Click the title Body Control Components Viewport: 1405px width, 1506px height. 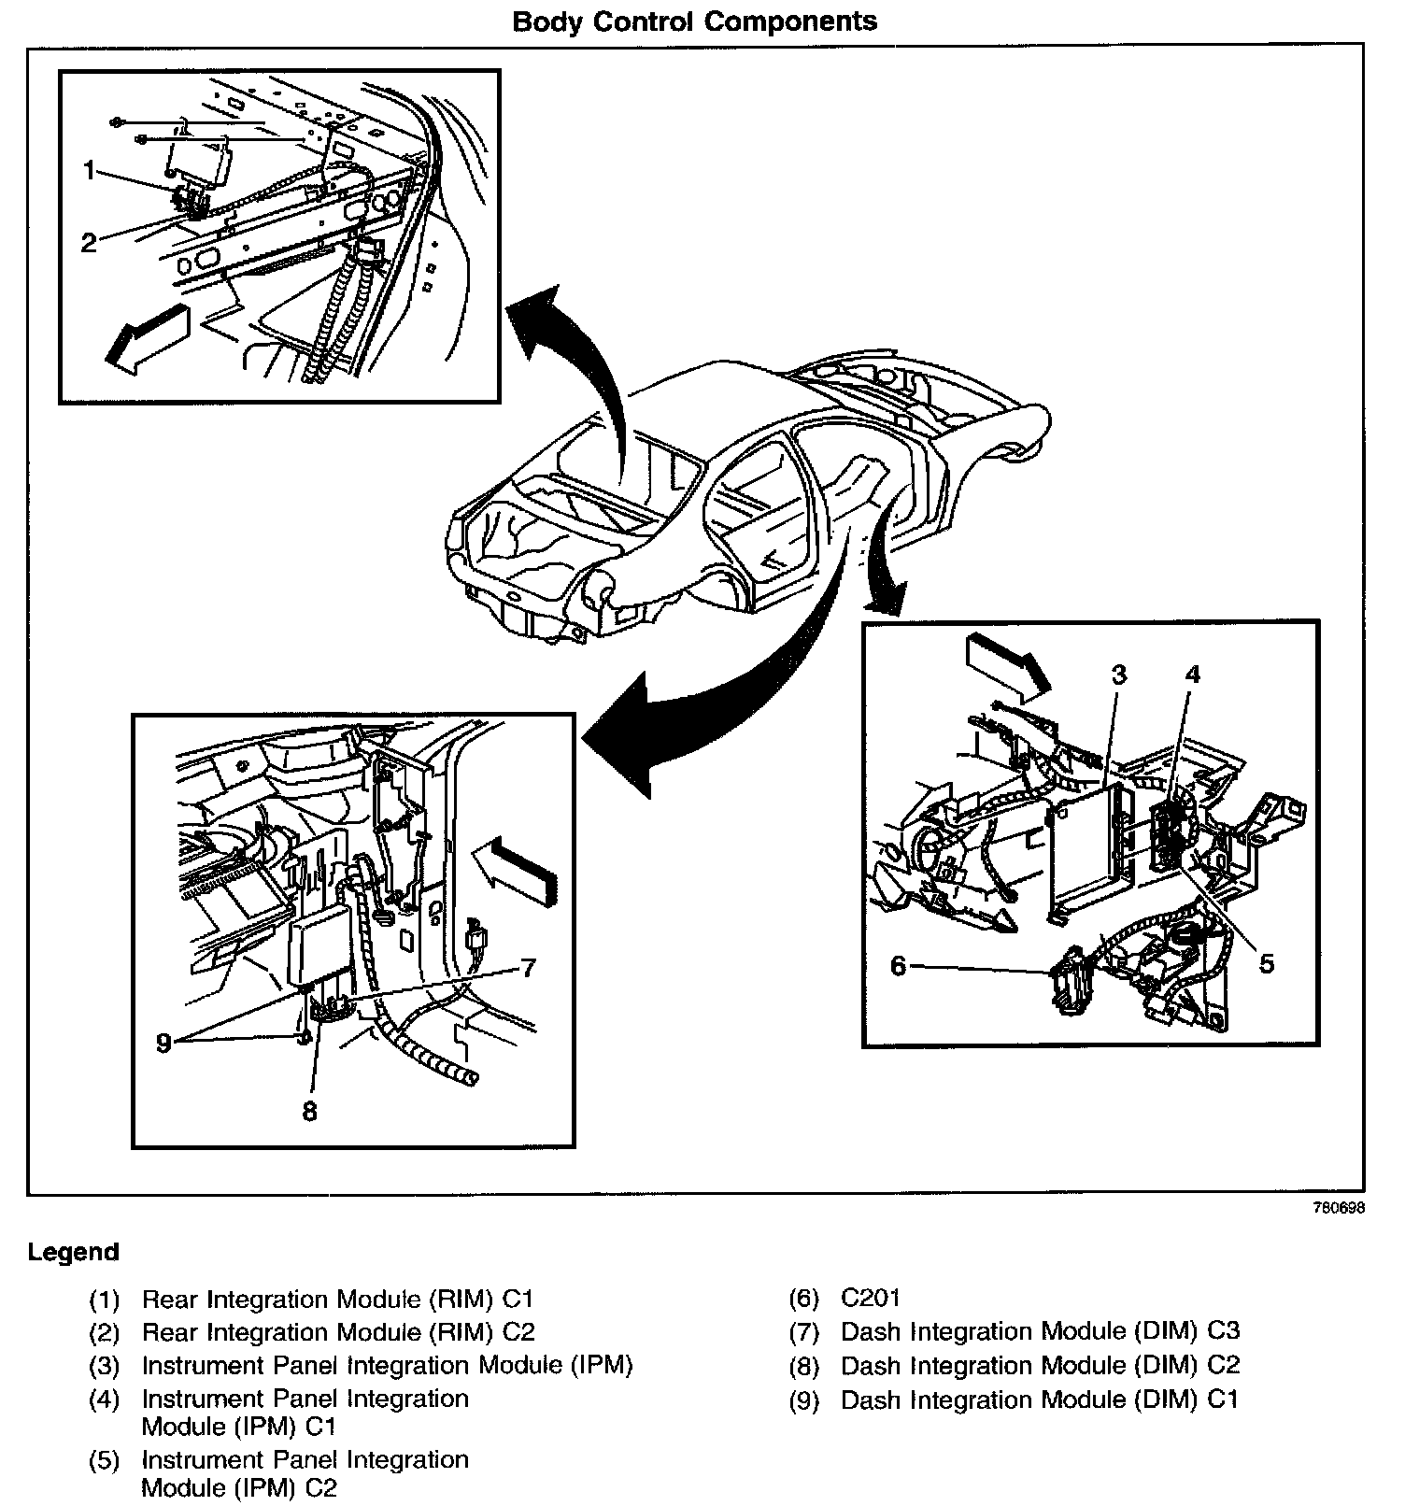coord(695,21)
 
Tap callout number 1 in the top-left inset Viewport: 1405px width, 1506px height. coord(90,171)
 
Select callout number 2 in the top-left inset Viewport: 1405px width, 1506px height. coord(89,243)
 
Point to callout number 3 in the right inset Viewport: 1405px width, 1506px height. coord(1118,675)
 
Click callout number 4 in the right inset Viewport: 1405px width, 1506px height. coord(1193,675)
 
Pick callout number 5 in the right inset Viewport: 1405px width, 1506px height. coord(1267,963)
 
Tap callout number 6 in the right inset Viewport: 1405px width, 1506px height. coord(898,965)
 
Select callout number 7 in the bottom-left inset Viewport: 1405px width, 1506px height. coord(529,968)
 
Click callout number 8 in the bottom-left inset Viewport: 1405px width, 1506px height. coord(310,1111)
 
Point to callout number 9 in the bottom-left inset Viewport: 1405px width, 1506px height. coord(164,1043)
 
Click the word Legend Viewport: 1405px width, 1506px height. coord(74,1252)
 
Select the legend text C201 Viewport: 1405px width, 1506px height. coord(871,1298)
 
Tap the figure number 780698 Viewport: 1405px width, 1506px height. coord(1339,1207)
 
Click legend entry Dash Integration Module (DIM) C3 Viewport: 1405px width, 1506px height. coord(1040,1331)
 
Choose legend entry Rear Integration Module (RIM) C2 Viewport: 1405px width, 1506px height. coord(338,1332)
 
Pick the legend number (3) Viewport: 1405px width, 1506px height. coord(105,1366)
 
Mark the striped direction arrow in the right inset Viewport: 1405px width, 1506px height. coord(1008,664)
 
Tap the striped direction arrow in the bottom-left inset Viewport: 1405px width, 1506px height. coord(515,867)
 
